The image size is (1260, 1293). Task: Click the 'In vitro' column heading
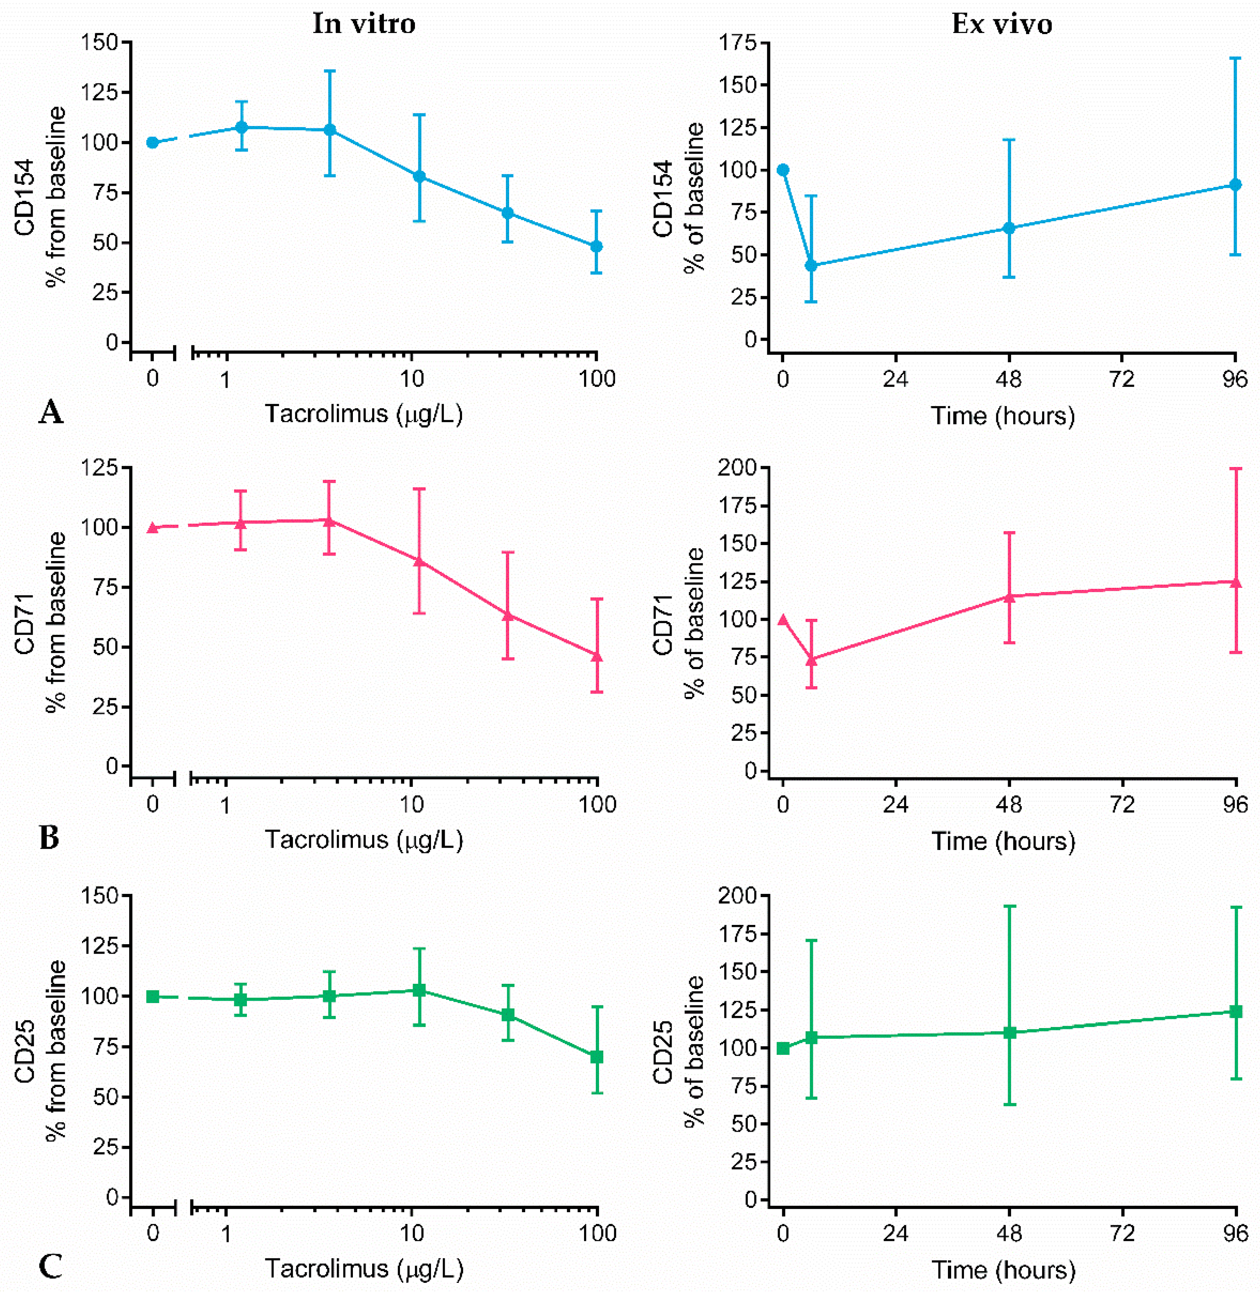[x=364, y=24]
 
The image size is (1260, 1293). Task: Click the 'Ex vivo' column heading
[x=1001, y=24]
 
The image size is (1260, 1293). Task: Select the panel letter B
[x=49, y=838]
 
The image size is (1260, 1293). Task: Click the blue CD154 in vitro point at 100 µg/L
[x=596, y=246]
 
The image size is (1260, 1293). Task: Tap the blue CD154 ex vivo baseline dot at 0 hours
[x=783, y=170]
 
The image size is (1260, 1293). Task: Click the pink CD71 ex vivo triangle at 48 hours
[x=1009, y=596]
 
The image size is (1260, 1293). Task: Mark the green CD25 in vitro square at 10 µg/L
[x=419, y=990]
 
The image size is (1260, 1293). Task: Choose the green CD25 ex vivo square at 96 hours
[x=1235, y=1011]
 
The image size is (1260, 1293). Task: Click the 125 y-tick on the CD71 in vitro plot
[x=99, y=468]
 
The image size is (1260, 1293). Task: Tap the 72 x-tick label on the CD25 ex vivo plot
[x=1122, y=1233]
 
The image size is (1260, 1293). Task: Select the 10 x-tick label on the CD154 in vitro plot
[x=412, y=379]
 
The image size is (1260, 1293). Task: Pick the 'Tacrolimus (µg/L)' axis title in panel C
[x=364, y=1268]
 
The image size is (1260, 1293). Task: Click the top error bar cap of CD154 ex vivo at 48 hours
[x=1009, y=140]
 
